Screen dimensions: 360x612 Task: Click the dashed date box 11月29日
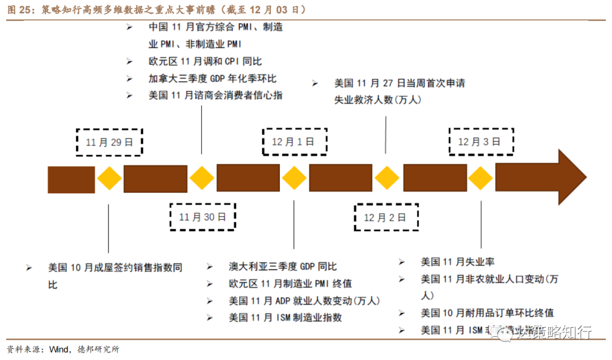(109, 142)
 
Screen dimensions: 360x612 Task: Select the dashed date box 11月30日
(203, 217)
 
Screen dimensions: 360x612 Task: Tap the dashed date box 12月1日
(295, 142)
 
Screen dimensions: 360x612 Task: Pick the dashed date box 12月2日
(386, 217)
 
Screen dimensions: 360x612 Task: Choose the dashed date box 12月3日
(481, 142)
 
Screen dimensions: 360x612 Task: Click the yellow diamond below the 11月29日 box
(109, 179)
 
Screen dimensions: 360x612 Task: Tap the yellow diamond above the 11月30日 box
(202, 179)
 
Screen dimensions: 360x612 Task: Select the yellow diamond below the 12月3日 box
(481, 179)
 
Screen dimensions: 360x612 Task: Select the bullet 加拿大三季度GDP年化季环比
(212, 78)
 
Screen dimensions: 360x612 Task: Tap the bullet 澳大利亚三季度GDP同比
(283, 266)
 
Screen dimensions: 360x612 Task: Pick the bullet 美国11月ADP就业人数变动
(304, 300)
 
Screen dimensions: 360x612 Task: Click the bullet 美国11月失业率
(457, 262)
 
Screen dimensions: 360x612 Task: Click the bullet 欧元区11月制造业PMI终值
(291, 283)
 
